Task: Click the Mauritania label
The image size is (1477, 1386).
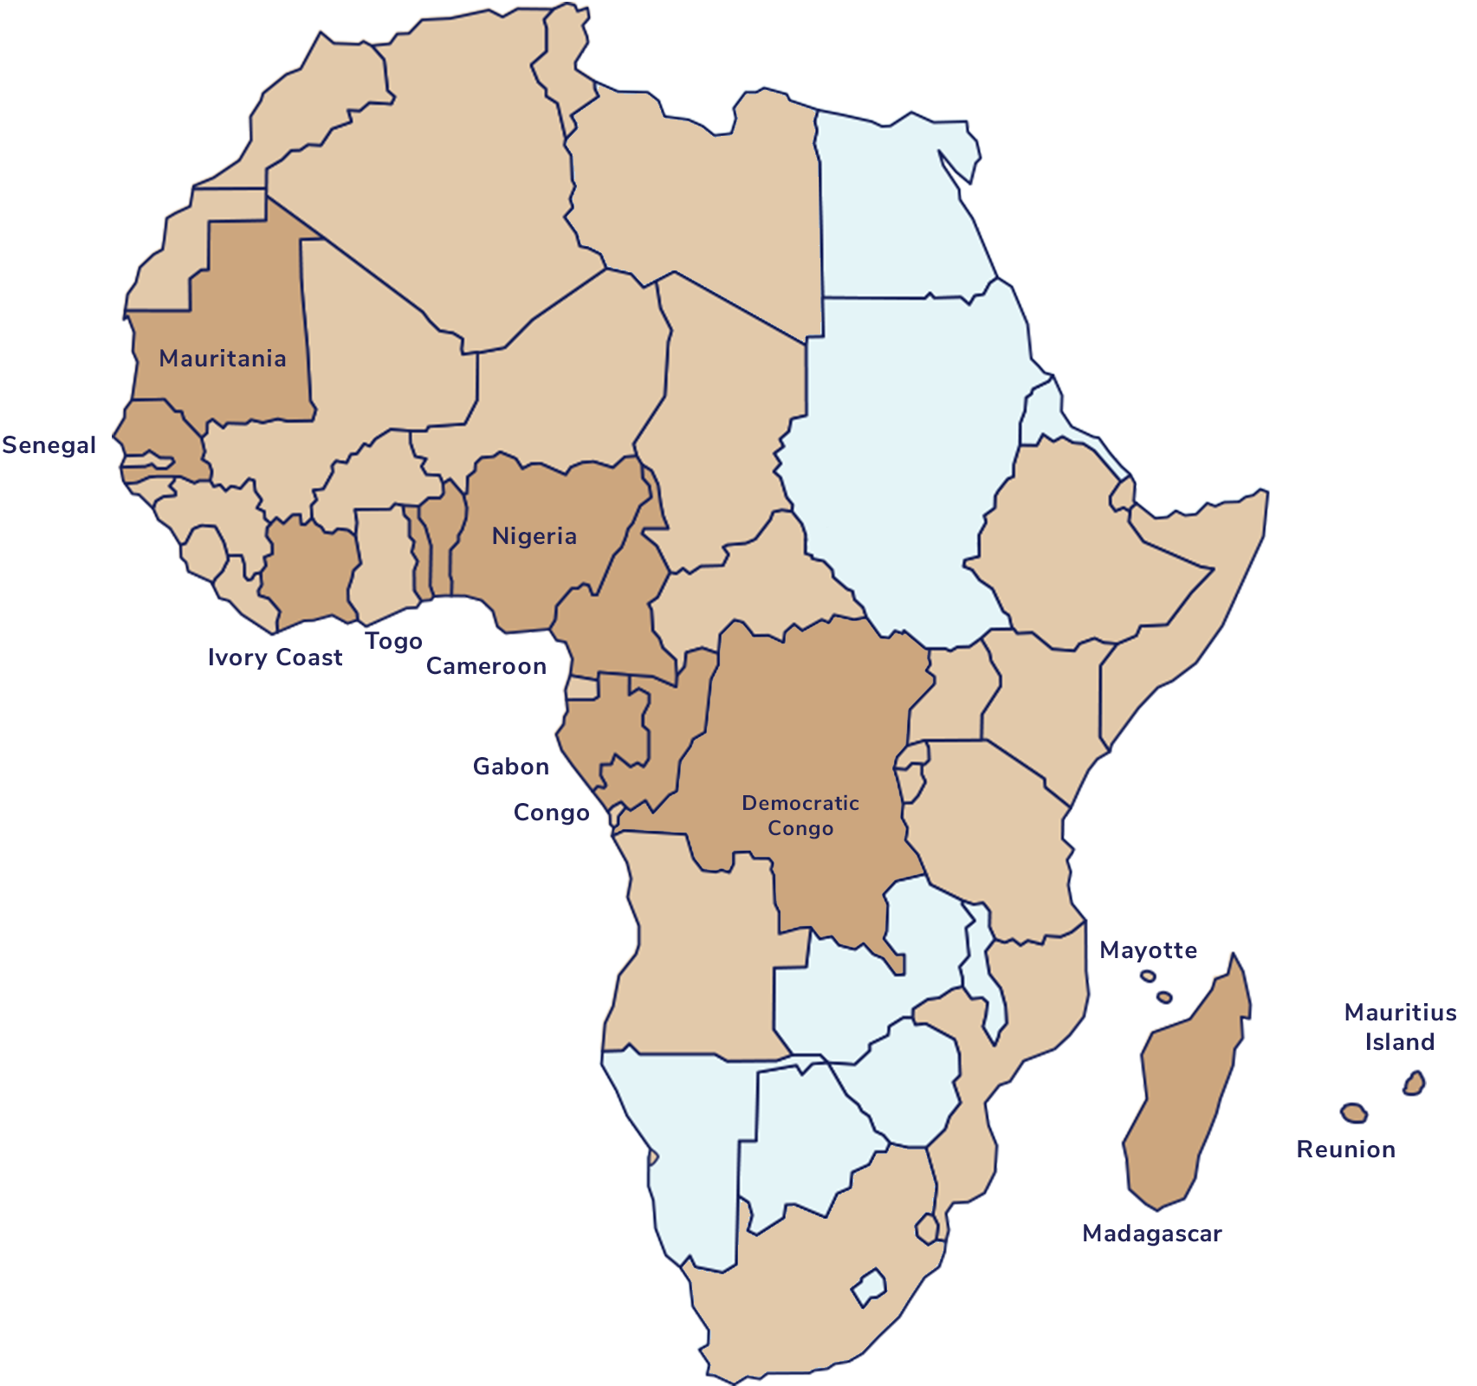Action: coord(223,359)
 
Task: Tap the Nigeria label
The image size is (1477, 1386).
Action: coord(534,536)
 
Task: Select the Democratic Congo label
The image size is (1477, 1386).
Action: coord(800,815)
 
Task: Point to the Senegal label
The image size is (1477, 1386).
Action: coord(49,446)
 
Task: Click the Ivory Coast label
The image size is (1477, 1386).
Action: coord(275,658)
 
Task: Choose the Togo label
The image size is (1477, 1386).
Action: coord(393,643)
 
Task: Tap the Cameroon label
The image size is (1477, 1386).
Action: coord(487,666)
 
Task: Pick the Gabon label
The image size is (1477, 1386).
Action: coord(511,767)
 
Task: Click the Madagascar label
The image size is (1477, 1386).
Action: coord(1152,1234)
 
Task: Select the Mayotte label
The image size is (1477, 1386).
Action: coord(1150,951)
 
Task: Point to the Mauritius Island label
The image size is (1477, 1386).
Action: coord(1401,1027)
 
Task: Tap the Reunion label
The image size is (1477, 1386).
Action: coord(1344,1150)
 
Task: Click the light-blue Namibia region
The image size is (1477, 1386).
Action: coord(684,1152)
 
